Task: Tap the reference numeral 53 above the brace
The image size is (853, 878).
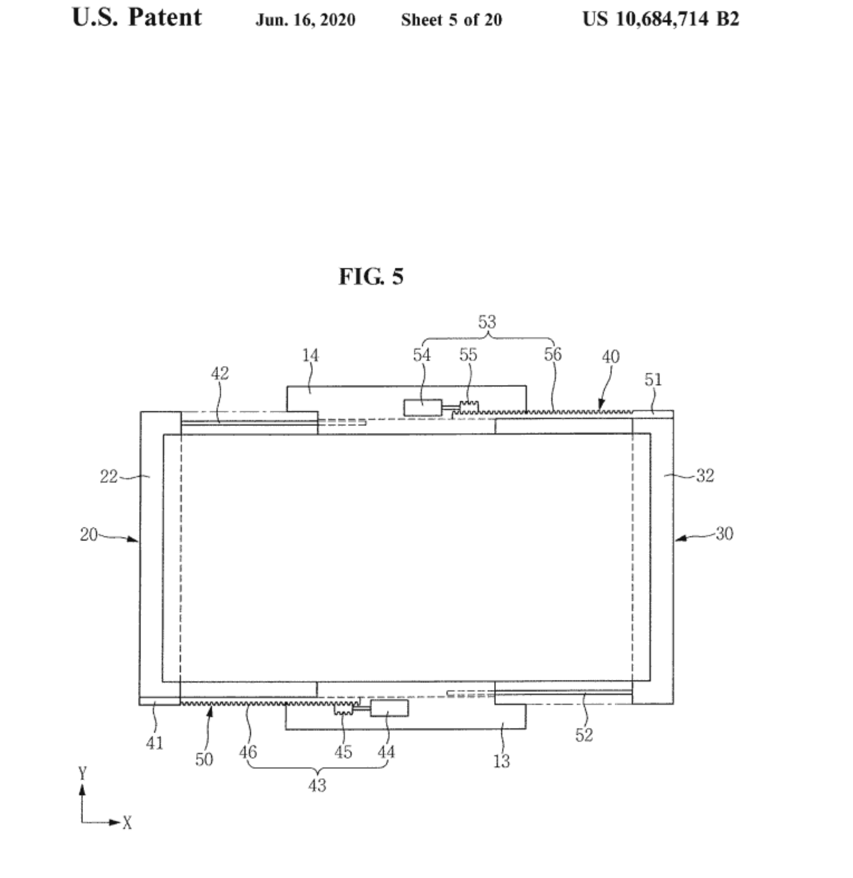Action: click(x=487, y=322)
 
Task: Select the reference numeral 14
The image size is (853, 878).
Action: click(x=310, y=355)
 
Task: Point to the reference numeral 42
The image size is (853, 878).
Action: click(x=219, y=373)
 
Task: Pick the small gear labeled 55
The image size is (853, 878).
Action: click(x=469, y=407)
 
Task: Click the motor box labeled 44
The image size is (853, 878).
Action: click(x=389, y=708)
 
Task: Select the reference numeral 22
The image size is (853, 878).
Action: click(x=109, y=476)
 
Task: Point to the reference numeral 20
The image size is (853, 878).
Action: click(x=89, y=535)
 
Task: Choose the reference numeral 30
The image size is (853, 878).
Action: click(x=724, y=534)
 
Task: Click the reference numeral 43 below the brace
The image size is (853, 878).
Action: click(x=317, y=785)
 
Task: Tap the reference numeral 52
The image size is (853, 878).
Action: click(x=584, y=735)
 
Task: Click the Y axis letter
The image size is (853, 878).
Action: click(x=83, y=773)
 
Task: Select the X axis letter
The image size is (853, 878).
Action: click(x=127, y=823)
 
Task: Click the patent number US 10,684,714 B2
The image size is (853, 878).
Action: click(x=661, y=19)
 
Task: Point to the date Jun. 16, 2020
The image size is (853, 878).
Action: click(x=305, y=20)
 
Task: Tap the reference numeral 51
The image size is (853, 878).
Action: click(x=653, y=380)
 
